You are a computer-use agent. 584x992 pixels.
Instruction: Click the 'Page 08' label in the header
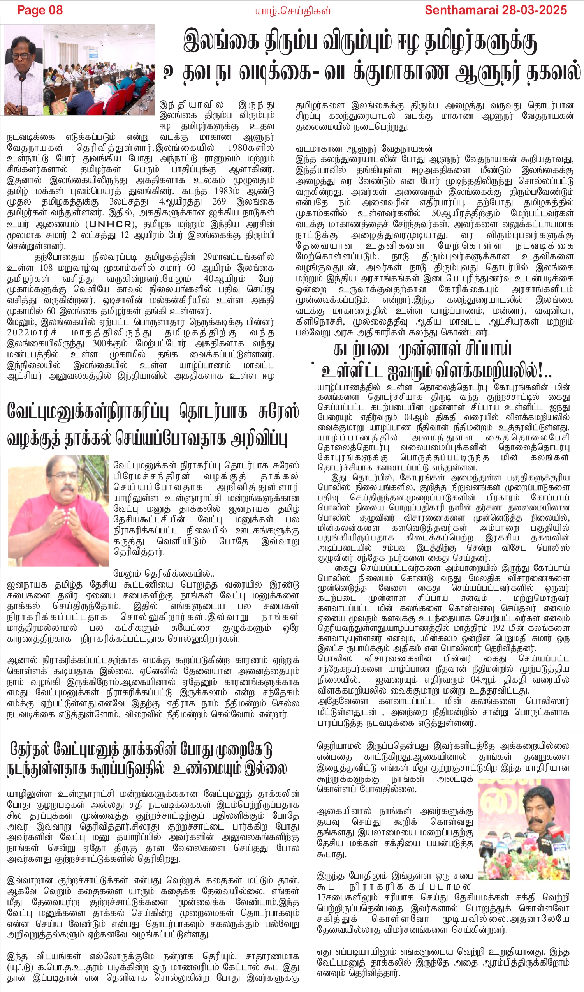click(x=40, y=10)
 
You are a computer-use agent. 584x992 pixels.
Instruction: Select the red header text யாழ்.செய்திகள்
click(x=292, y=11)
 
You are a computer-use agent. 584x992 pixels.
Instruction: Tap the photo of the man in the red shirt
click(x=58, y=512)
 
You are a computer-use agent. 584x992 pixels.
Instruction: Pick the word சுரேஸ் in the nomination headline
click(x=278, y=412)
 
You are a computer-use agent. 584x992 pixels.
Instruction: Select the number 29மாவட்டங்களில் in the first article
click(x=239, y=257)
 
